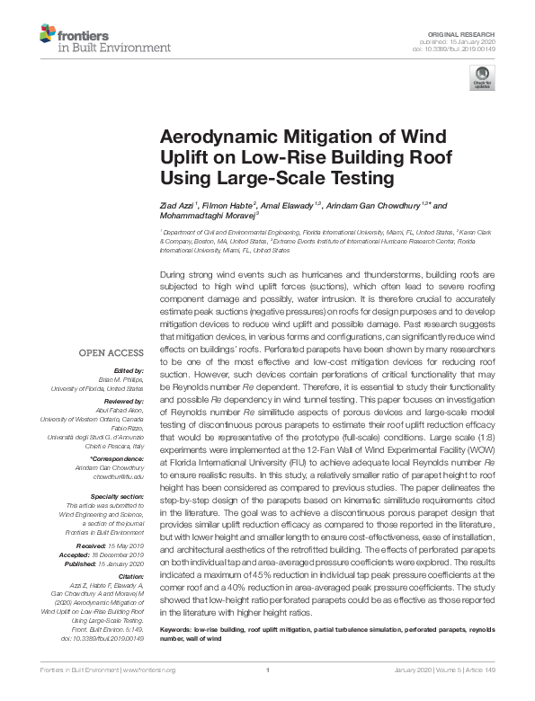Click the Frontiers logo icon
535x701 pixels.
click(48, 36)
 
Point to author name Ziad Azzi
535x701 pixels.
click(176, 206)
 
